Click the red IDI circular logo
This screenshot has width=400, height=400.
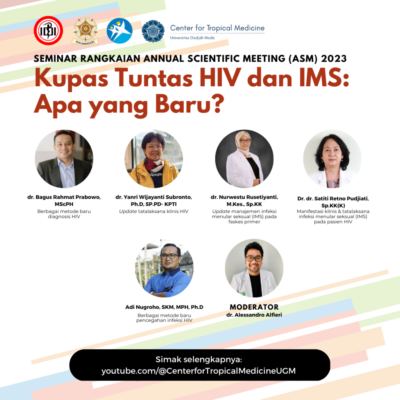pyautogui.click(x=48, y=30)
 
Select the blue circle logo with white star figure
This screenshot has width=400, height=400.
pyautogui.click(x=120, y=30)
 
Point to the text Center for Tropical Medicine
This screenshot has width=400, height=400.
pyautogui.click(x=217, y=28)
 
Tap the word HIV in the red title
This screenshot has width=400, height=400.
pyautogui.click(x=220, y=78)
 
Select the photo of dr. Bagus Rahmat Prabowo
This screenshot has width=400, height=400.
pyautogui.click(x=64, y=159)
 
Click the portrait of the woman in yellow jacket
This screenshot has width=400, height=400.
pyautogui.click(x=154, y=159)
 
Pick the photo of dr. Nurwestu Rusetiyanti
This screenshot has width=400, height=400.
pyautogui.click(x=244, y=159)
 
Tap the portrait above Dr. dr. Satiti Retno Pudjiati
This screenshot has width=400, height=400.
pyautogui.click(x=332, y=159)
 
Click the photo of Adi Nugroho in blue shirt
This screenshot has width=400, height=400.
pyautogui.click(x=164, y=268)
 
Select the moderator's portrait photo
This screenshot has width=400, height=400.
pyautogui.click(x=254, y=268)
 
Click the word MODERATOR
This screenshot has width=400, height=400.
pyautogui.click(x=254, y=307)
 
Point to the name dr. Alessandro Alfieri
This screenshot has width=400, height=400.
pyautogui.click(x=254, y=315)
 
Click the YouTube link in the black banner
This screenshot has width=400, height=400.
pyautogui.click(x=198, y=371)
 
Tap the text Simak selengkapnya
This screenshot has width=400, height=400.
pyautogui.click(x=199, y=359)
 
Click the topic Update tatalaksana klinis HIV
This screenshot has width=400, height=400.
pyautogui.click(x=154, y=211)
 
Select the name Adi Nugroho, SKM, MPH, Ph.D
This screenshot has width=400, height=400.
pyautogui.click(x=164, y=307)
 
